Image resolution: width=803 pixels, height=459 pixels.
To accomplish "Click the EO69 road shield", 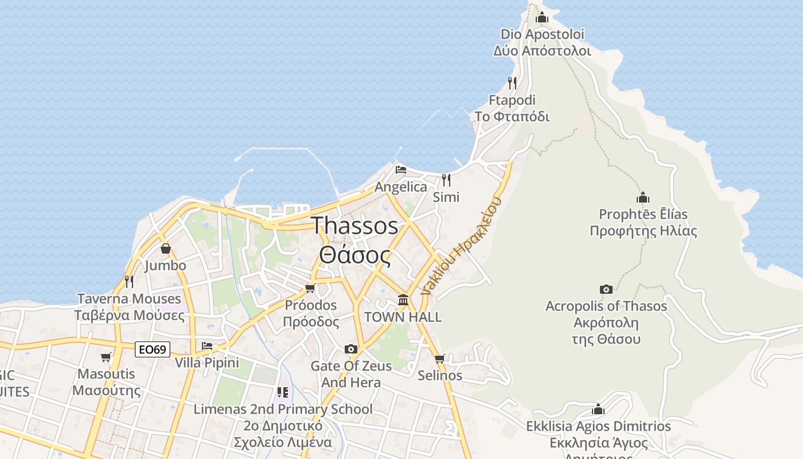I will (x=153, y=349).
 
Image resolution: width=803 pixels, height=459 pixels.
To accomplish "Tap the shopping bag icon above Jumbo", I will (x=166, y=248).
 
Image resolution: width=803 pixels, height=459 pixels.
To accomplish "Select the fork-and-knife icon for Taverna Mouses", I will (x=129, y=281).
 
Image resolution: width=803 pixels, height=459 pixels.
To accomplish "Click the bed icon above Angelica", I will (x=401, y=169).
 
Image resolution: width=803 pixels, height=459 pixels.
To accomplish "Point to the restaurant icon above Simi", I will (x=446, y=180).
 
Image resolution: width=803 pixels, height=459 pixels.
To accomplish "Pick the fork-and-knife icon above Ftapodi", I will (x=512, y=83).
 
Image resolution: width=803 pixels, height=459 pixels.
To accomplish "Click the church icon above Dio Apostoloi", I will (x=542, y=17).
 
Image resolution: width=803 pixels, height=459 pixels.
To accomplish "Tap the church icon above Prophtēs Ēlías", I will (x=643, y=197).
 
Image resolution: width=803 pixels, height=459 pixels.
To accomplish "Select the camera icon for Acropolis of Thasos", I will (x=606, y=289).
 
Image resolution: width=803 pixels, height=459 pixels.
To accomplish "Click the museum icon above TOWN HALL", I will (x=403, y=299).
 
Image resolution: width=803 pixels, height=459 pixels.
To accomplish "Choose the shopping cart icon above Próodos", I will (x=310, y=287).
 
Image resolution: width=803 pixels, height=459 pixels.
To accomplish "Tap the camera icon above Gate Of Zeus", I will (x=351, y=349).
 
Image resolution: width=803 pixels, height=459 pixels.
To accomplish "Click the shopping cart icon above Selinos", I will (x=440, y=359).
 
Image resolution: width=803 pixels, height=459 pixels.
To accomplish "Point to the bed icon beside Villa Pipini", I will (x=207, y=345).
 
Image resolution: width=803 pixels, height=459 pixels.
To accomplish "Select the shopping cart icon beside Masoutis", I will (x=106, y=357).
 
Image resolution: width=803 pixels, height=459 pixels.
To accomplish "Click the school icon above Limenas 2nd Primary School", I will (x=283, y=392).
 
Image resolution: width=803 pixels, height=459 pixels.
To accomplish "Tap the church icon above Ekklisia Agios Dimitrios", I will (x=598, y=409).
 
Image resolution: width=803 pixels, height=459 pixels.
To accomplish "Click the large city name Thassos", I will (x=354, y=225).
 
